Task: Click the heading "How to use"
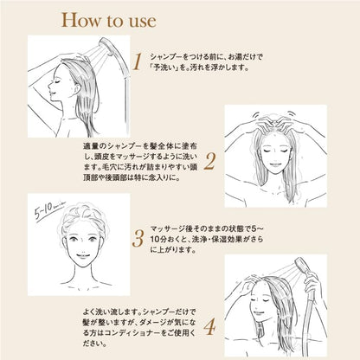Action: pyautogui.click(x=109, y=20)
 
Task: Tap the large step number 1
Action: pyautogui.click(x=137, y=61)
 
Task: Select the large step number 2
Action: pyautogui.click(x=209, y=162)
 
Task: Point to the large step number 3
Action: pyautogui.click(x=138, y=239)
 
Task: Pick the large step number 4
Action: pyautogui.click(x=209, y=326)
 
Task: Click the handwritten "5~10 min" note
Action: pyautogui.click(x=49, y=209)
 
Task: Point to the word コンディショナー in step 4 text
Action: pyautogui.click(x=135, y=333)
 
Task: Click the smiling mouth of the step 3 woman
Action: pyautogui.click(x=82, y=256)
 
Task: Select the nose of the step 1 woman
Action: pyautogui.click(x=49, y=86)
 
